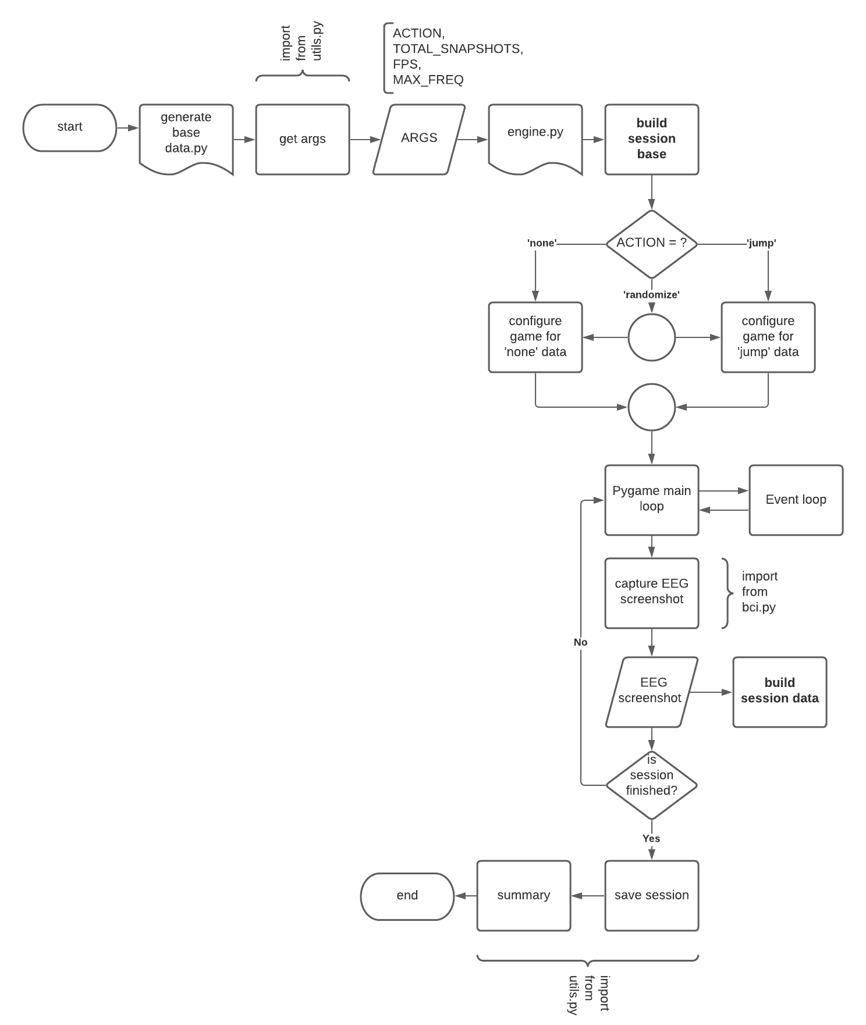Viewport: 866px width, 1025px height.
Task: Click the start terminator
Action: pyautogui.click(x=70, y=127)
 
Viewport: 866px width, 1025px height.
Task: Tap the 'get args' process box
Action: pyautogui.click(x=303, y=139)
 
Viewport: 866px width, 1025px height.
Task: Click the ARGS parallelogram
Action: pyautogui.click(x=419, y=138)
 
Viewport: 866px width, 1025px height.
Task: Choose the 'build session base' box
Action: pyautogui.click(x=652, y=139)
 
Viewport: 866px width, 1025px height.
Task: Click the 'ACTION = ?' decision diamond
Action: pyautogui.click(x=652, y=243)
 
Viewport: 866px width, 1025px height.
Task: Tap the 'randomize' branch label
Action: pyautogui.click(x=652, y=295)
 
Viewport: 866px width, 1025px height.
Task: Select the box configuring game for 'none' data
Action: pyautogui.click(x=535, y=337)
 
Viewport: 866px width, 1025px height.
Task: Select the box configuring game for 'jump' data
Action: pyautogui.click(x=768, y=337)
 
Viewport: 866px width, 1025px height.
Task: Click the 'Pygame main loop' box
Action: pyautogui.click(x=652, y=499)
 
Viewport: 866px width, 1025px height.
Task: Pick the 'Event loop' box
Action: pyautogui.click(x=796, y=500)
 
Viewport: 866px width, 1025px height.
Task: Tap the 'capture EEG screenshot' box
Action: pyautogui.click(x=652, y=592)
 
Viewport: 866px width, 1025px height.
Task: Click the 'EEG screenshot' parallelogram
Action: pyautogui.click(x=652, y=691)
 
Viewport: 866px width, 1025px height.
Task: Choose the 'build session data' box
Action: pyautogui.click(x=780, y=691)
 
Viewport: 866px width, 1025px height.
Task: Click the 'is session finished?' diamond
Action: pyautogui.click(x=652, y=784)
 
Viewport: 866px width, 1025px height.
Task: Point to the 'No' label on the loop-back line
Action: pyautogui.click(x=580, y=642)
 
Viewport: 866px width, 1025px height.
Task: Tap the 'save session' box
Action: pyautogui.click(x=652, y=895)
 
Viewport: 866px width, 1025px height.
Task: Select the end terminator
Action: pyautogui.click(x=407, y=896)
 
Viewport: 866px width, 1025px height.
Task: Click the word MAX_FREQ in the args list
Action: pyautogui.click(x=428, y=80)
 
